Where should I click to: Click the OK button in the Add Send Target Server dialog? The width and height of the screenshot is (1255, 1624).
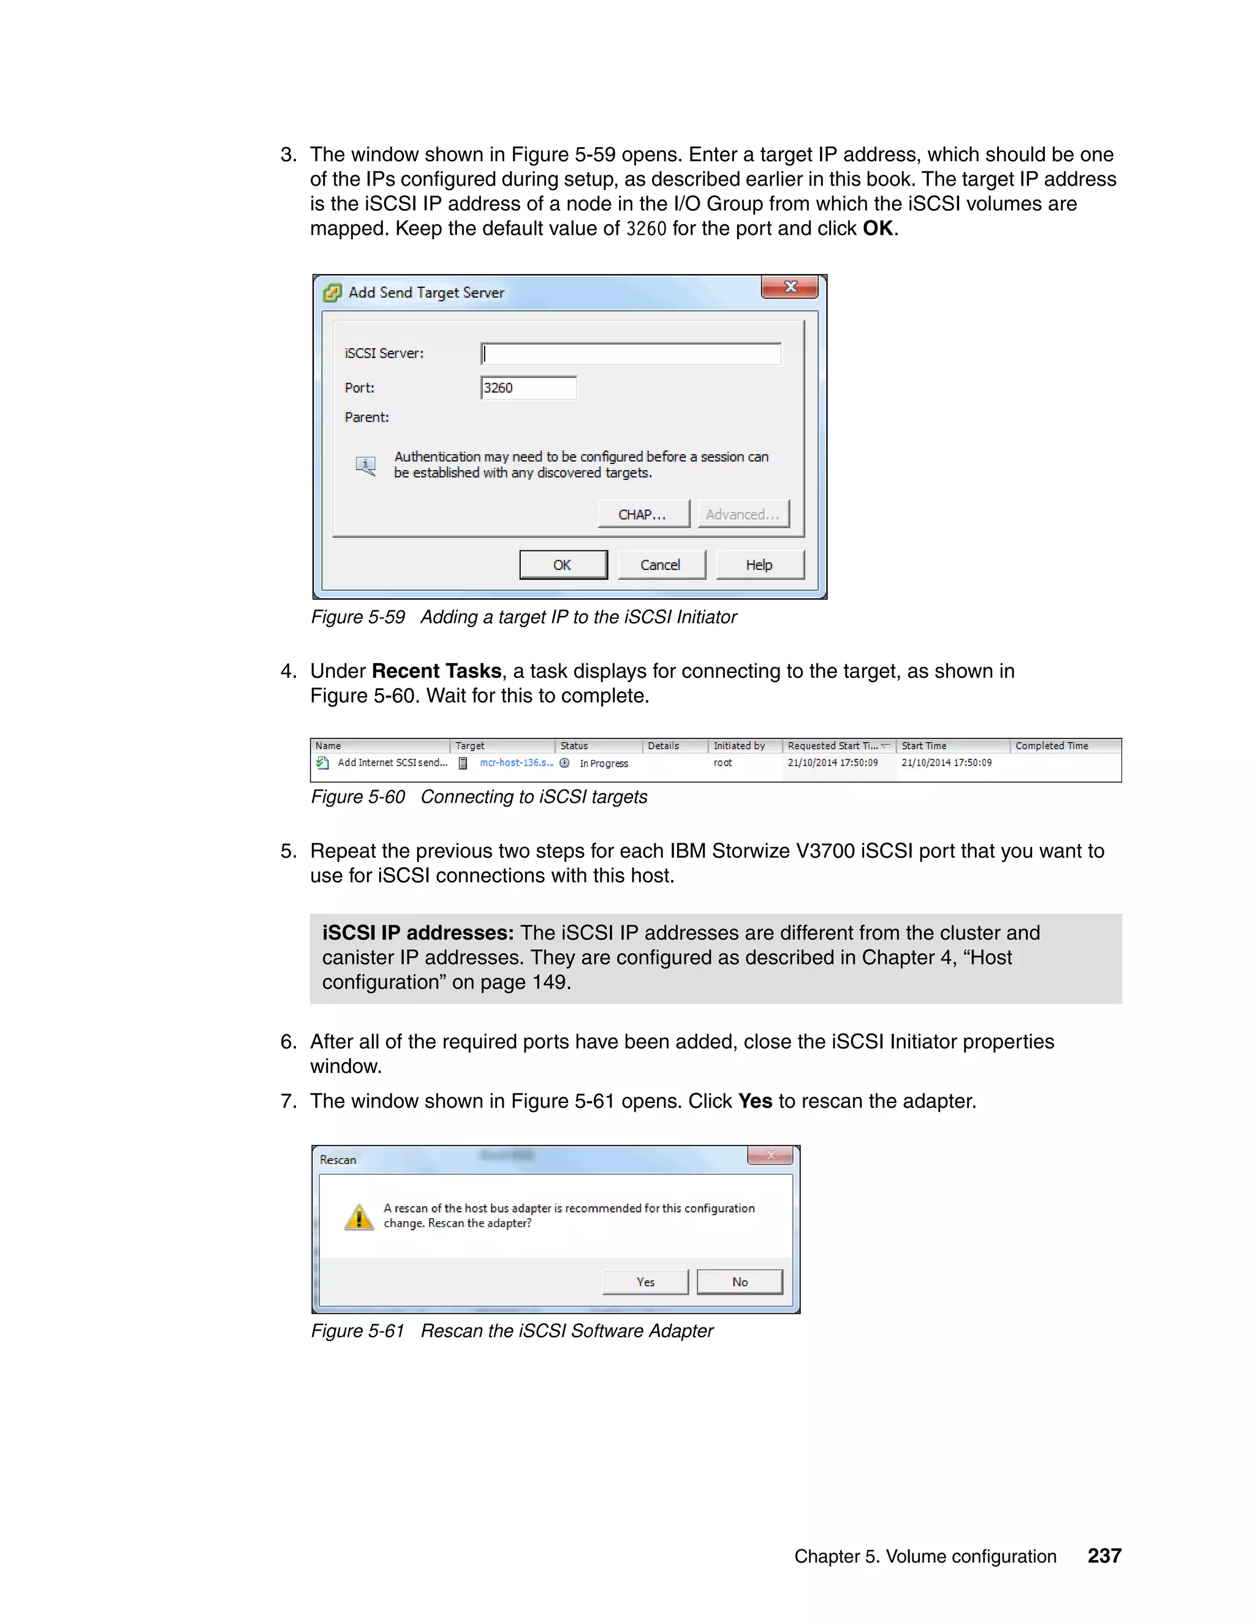pyautogui.click(x=563, y=565)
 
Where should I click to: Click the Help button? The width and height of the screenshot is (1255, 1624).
pyautogui.click(x=759, y=565)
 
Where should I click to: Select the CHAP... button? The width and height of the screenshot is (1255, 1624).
pyautogui.click(x=643, y=515)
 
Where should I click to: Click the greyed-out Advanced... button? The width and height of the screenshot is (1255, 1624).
pyautogui.click(x=743, y=515)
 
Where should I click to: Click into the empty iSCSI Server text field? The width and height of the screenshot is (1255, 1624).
pyautogui.click(x=631, y=354)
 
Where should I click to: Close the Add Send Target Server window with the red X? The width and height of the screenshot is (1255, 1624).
pyautogui.click(x=789, y=287)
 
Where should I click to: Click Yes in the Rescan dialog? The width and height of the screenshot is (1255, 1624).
pyautogui.click(x=645, y=1282)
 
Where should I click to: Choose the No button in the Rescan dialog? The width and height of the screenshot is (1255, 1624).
pyautogui.click(x=740, y=1282)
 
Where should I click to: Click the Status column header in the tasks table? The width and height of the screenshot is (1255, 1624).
pyautogui.click(x=574, y=746)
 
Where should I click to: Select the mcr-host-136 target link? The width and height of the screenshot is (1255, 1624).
pyautogui.click(x=516, y=763)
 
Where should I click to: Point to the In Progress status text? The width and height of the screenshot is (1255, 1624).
pyautogui.click(x=604, y=764)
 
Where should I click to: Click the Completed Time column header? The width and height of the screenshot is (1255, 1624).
pyautogui.click(x=1052, y=746)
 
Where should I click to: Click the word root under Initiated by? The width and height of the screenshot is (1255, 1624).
pyautogui.click(x=722, y=763)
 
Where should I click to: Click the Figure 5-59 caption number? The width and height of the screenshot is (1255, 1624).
pyautogui.click(x=358, y=617)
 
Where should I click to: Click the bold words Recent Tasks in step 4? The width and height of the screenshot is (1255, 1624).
pyautogui.click(x=436, y=672)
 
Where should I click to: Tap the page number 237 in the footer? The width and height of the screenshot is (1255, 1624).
pyautogui.click(x=1104, y=1555)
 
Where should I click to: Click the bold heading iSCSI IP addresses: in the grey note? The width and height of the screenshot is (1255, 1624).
pyautogui.click(x=418, y=933)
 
